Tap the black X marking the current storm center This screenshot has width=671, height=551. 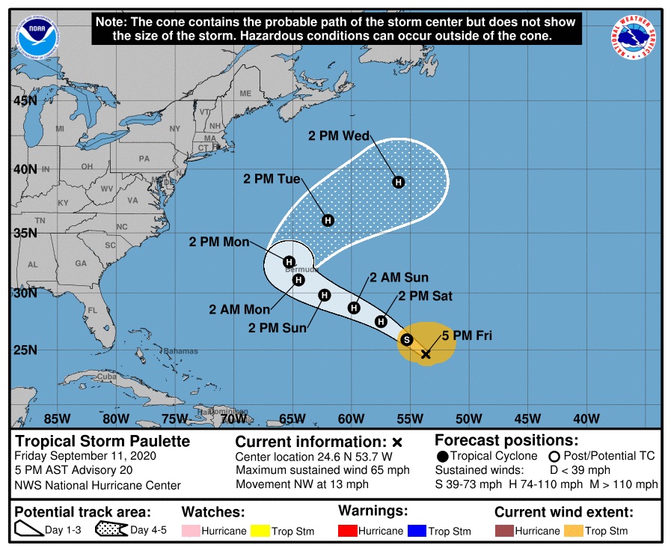pos(426,354)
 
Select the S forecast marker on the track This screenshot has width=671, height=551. pos(407,339)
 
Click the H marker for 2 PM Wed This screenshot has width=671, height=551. pos(399,182)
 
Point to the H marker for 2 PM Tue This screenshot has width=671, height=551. pos(328,220)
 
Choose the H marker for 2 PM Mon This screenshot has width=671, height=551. pos(289,261)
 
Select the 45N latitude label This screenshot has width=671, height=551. pos(25,101)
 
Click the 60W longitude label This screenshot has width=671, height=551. pos(351,418)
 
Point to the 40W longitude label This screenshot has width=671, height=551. pos(586,418)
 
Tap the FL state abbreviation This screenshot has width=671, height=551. pos(93,310)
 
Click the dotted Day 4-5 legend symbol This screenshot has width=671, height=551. pos(110,531)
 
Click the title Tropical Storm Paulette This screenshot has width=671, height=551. pos(103,441)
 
